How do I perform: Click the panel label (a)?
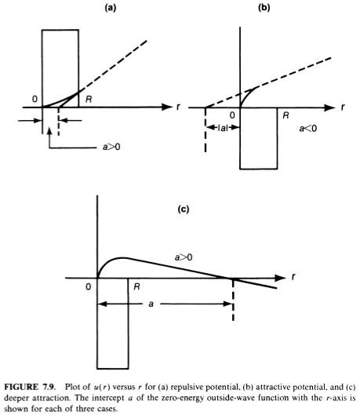111,8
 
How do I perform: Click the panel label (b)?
264,8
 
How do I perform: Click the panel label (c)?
184,209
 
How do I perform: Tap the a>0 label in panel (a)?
111,147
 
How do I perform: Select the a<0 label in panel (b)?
308,129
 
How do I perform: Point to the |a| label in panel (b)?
223,128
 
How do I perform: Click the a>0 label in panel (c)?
184,257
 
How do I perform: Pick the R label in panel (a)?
89,100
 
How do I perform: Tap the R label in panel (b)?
285,115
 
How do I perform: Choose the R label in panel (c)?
136,286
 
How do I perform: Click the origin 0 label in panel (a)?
35,99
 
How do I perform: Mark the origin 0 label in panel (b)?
232,115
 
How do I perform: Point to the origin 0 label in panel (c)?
88,286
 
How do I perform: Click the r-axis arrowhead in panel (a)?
167,107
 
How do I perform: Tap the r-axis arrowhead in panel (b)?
329,107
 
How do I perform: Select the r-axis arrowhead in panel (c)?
280,278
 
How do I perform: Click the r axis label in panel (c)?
293,277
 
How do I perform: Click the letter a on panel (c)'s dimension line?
151,304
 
